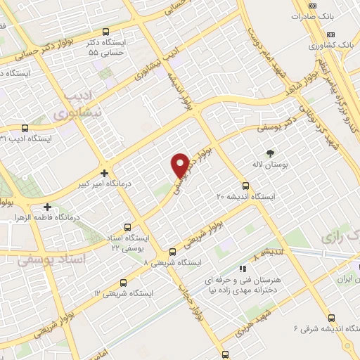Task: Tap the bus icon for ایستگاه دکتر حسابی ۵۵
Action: tap(105, 32)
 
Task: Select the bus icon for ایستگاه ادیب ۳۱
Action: tap(25, 128)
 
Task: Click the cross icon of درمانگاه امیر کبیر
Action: tap(104, 173)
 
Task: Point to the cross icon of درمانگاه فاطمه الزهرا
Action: tap(47, 207)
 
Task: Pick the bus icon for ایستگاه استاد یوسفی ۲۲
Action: tap(127, 227)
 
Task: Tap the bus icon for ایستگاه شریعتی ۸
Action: tap(172, 252)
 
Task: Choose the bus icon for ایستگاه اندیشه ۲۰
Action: tap(245, 186)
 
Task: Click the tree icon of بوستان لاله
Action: tap(269, 152)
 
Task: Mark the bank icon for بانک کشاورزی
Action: tap(331, 36)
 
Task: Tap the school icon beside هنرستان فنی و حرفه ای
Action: tap(243, 268)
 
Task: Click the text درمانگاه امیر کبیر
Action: tap(105, 184)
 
